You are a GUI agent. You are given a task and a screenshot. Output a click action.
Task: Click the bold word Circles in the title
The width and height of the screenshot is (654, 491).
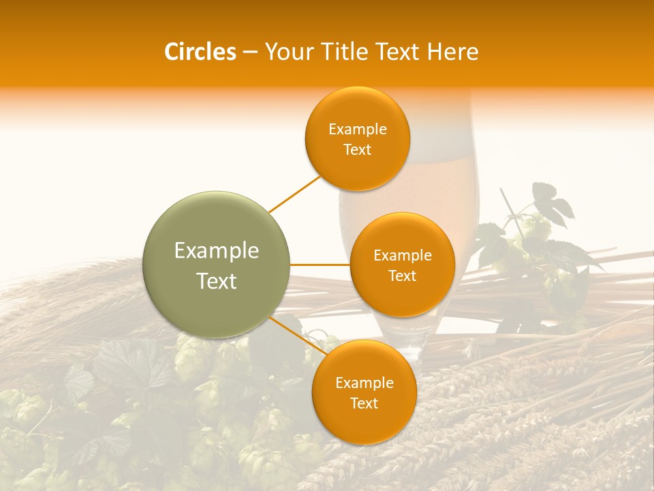pyautogui.click(x=200, y=52)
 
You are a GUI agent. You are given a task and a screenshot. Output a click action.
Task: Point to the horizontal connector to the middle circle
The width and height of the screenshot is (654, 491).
pyautogui.click(x=320, y=265)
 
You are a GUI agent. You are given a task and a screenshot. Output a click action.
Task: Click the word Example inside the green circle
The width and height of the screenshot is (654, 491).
pyautogui.click(x=217, y=251)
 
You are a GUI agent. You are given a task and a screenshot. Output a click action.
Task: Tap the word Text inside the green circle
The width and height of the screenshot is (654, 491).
pyautogui.click(x=217, y=281)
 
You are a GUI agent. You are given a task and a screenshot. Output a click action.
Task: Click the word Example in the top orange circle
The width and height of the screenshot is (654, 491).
pyautogui.click(x=358, y=130)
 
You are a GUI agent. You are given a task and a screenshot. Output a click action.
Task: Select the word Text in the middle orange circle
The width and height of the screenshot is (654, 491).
pyautogui.click(x=403, y=276)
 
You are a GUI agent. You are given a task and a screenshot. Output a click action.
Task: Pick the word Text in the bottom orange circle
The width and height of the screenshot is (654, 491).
pyautogui.click(x=364, y=404)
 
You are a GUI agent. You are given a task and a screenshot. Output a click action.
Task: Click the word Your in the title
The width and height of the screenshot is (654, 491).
pyautogui.click(x=285, y=52)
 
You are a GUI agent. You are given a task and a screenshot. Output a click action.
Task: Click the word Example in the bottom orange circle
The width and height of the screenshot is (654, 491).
pyautogui.click(x=364, y=383)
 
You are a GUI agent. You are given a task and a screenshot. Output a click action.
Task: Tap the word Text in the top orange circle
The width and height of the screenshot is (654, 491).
pyautogui.click(x=358, y=150)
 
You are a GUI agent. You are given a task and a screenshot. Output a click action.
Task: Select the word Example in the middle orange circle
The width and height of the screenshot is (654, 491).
pyautogui.click(x=403, y=256)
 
